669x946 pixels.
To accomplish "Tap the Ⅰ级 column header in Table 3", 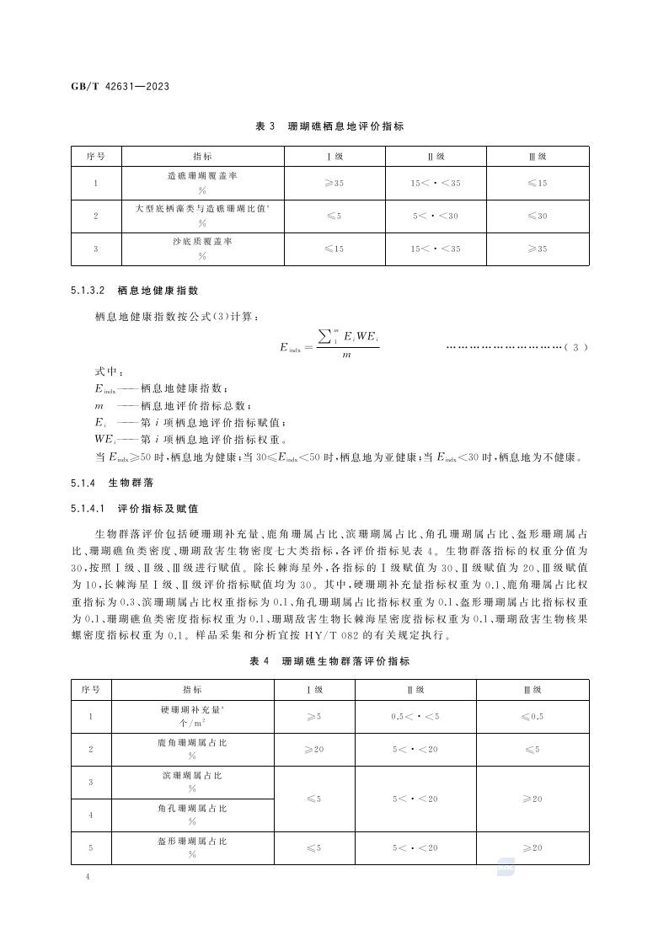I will coord(334,157).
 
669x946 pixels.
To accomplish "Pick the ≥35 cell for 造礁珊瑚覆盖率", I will coord(334,183).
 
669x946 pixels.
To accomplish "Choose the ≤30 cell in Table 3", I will coord(537,216).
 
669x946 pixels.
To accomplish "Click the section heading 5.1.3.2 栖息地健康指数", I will coord(136,291).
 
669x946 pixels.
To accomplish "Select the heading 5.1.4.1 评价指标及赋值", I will coord(136,509).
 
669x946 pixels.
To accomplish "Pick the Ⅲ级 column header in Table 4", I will coord(532,690).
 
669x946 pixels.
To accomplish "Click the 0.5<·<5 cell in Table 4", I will coord(415,716).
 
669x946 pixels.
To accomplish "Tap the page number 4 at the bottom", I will coord(88,877).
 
